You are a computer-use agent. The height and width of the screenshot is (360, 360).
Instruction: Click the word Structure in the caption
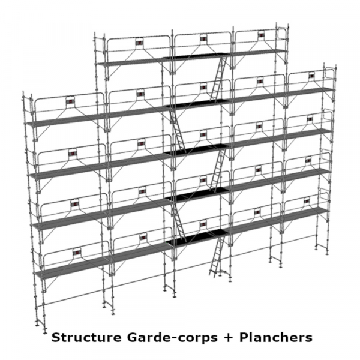[86, 337]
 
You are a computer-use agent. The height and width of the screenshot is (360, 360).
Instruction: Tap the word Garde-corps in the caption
[172, 338]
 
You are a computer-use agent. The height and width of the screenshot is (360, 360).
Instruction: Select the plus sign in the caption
[228, 338]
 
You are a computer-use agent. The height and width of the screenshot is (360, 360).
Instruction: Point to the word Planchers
[276, 337]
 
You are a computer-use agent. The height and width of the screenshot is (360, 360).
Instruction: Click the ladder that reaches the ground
[217, 257]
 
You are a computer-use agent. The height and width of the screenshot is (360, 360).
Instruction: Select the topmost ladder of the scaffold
[218, 79]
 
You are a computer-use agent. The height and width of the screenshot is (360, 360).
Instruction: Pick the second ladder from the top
[178, 130]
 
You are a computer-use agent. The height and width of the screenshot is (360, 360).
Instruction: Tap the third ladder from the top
[218, 170]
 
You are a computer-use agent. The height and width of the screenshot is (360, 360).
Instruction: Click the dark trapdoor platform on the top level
[194, 56]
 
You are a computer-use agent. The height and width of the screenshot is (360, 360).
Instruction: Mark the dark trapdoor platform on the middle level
[196, 149]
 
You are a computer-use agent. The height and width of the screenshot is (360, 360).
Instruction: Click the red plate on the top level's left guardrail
[139, 43]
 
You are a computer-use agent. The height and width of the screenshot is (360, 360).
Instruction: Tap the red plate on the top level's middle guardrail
[203, 38]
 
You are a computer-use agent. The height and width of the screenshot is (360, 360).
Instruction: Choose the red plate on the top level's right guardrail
[260, 34]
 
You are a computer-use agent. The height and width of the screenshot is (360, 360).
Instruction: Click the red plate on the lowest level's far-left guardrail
[76, 252]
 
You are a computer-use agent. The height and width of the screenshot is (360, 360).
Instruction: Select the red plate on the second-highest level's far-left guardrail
[70, 101]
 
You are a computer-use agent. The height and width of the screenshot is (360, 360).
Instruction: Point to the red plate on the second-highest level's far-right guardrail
[311, 76]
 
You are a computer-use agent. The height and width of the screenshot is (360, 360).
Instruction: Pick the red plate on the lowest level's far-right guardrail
[307, 201]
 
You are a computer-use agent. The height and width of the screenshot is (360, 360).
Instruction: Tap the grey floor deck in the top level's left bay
[130, 62]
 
